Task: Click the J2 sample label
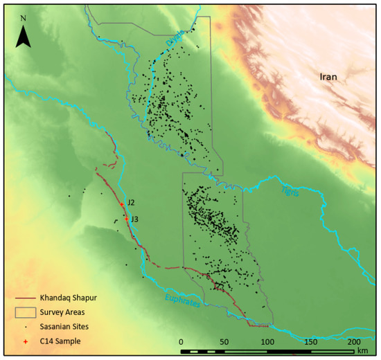[130, 202]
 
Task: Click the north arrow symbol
[24, 37]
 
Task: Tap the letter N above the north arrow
[24, 17]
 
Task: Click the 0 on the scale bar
[181, 341]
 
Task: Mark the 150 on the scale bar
[310, 341]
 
